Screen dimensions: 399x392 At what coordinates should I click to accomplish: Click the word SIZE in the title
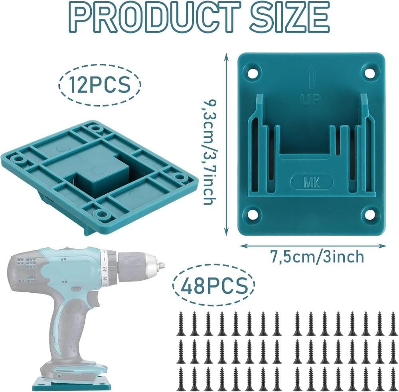(x=289, y=16)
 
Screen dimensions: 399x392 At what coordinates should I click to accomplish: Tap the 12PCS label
(x=99, y=85)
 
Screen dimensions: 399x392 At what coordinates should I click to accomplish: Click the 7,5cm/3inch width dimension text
(x=316, y=256)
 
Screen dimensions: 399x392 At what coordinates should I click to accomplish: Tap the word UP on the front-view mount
(x=310, y=99)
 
